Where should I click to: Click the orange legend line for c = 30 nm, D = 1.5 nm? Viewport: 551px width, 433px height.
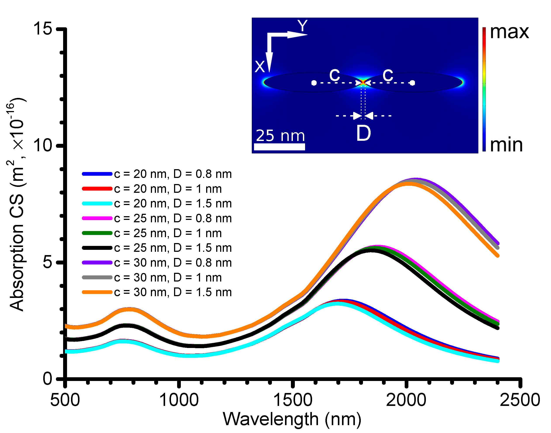97,292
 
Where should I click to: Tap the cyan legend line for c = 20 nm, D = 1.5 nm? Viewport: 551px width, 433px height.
97,203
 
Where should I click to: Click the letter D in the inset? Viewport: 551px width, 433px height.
364,133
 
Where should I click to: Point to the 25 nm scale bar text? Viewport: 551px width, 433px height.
280,136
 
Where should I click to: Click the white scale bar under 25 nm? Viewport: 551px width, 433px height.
279,147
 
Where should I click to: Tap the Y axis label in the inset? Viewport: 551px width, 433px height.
302,26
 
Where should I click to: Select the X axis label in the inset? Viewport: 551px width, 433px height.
260,67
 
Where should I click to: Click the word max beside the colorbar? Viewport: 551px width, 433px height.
509,32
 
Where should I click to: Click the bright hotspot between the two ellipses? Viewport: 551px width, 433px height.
363,82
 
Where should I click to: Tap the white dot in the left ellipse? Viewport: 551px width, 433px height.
314,83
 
